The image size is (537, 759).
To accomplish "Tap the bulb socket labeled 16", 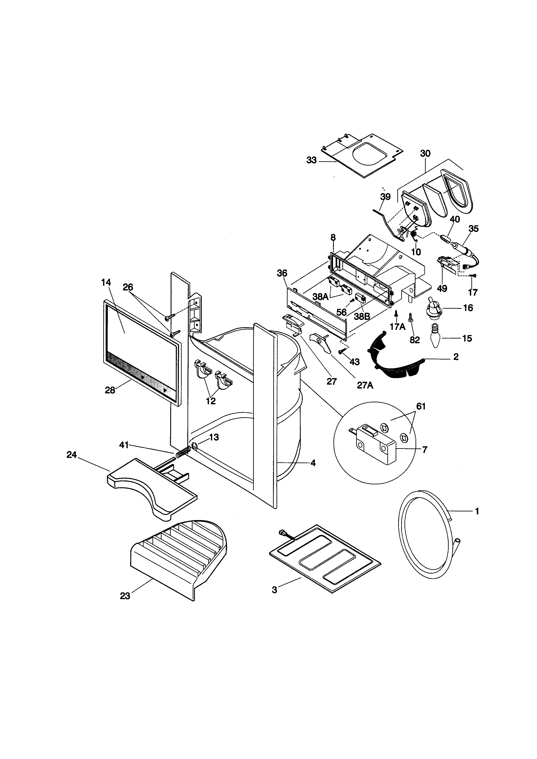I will [x=432, y=308].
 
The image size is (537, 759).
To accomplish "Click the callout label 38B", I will [x=362, y=316].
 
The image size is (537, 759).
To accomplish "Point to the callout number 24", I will [x=71, y=455].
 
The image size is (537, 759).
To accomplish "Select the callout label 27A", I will [x=365, y=385].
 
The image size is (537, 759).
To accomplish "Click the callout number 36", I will [x=282, y=273].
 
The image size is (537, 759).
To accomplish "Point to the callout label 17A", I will [x=397, y=327].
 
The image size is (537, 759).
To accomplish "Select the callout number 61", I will [x=421, y=406].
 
